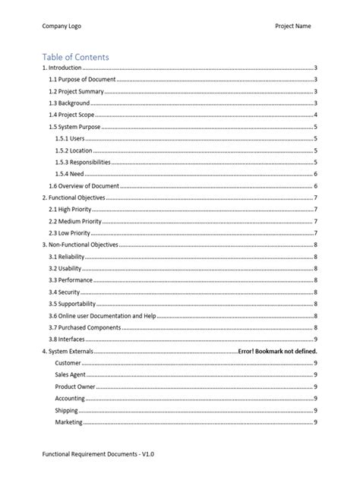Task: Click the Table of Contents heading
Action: pos(75,57)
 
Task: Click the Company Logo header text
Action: pos(62,26)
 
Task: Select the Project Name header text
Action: pos(292,26)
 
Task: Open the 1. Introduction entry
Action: pos(64,68)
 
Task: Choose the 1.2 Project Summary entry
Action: pos(76,91)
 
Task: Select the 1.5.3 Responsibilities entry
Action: pos(83,163)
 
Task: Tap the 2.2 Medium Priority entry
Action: pos(77,221)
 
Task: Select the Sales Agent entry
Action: pos(70,375)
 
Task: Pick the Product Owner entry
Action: pos(74,387)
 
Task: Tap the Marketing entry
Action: pos(68,422)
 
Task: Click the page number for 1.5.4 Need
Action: pos(315,174)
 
